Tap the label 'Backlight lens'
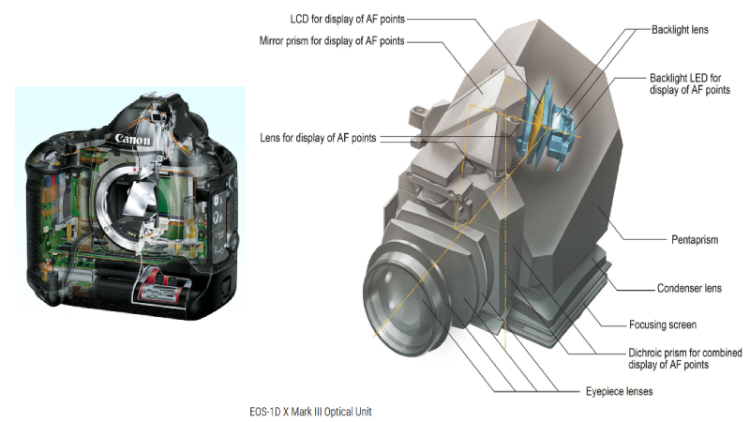coord(680,30)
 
